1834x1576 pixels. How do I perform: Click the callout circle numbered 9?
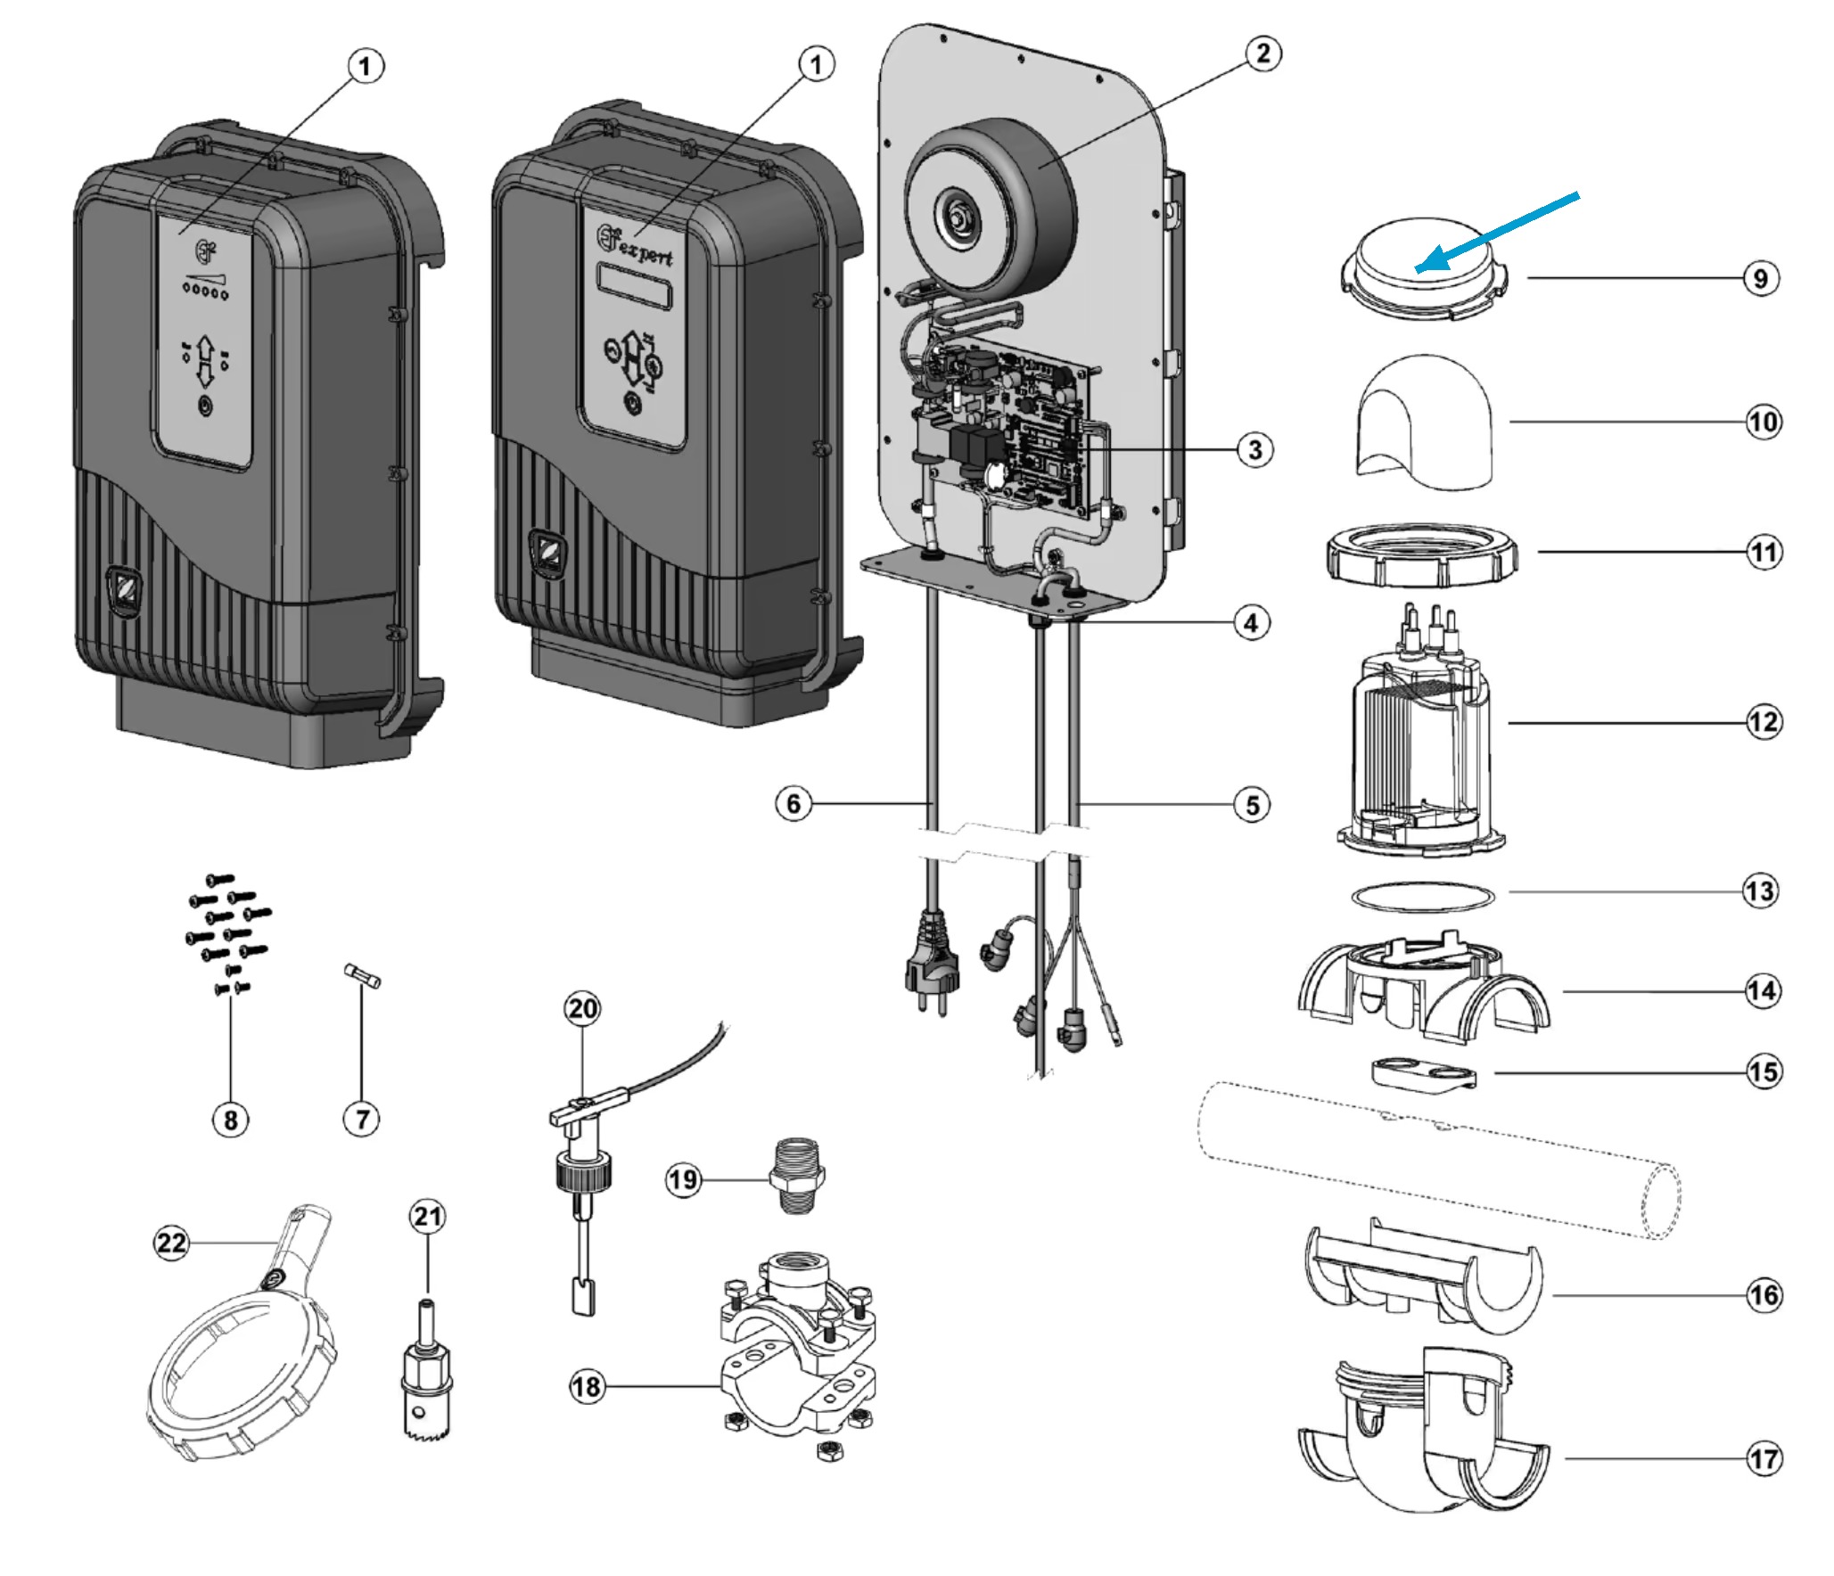tap(1760, 278)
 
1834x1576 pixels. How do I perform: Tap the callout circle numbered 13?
tap(1760, 891)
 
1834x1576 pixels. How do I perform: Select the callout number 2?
tap(1262, 53)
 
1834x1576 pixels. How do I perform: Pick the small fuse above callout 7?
tap(363, 975)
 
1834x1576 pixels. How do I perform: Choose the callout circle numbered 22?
tap(171, 1243)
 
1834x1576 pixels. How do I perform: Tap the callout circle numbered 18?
tap(587, 1387)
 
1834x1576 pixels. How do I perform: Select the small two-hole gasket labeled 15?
tap(1423, 1074)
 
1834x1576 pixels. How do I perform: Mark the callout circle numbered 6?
tap(794, 804)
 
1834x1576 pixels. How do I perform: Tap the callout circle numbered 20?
tap(583, 1009)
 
